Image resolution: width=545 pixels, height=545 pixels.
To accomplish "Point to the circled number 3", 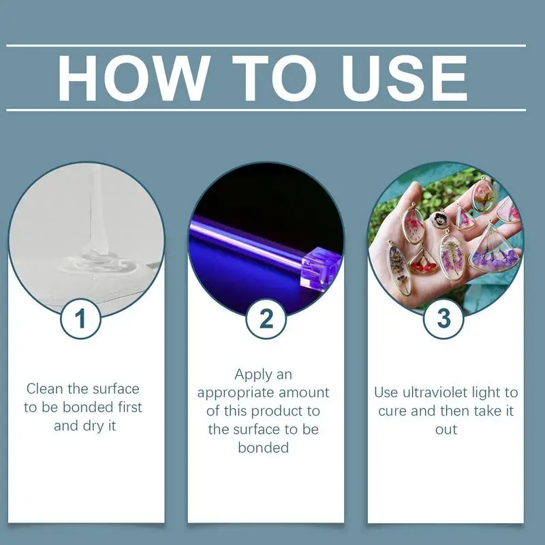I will (x=444, y=318).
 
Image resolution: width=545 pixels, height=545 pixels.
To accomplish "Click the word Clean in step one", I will (x=45, y=389).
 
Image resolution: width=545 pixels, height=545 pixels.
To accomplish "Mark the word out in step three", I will (x=446, y=430).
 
